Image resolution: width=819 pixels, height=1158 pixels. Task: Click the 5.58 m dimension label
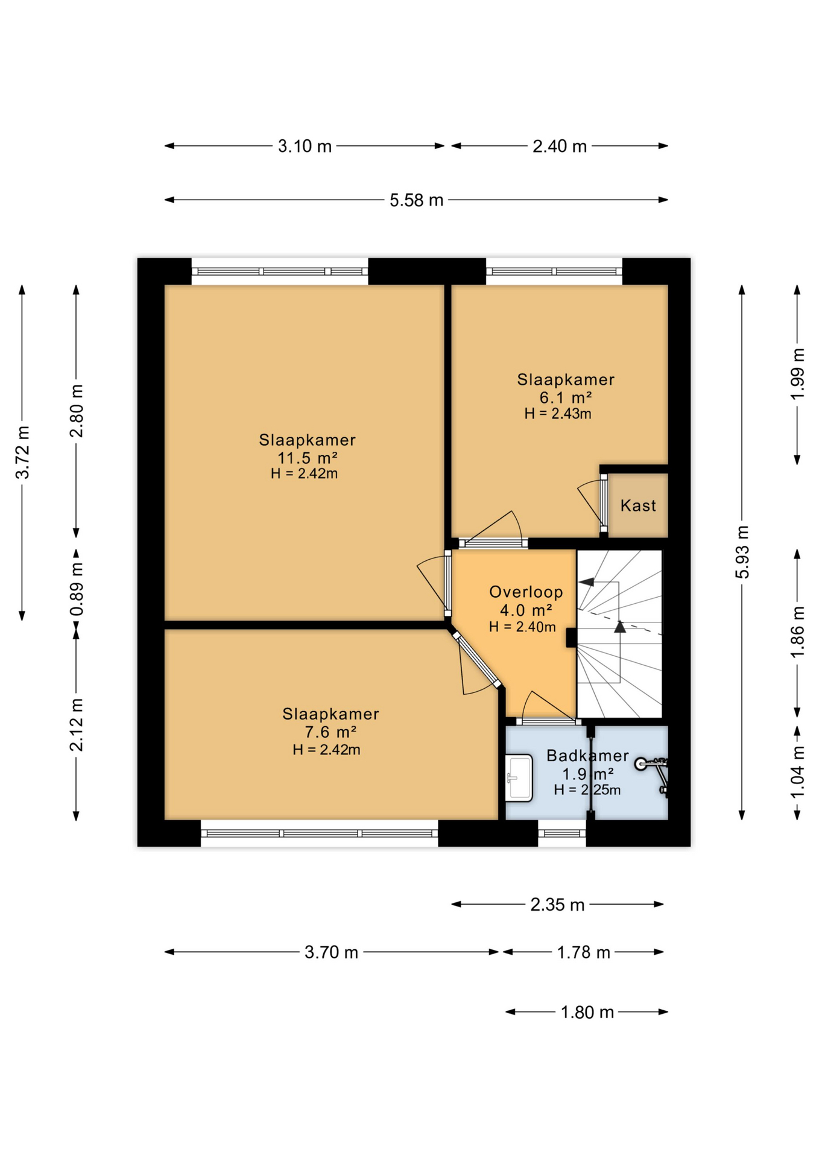click(x=416, y=200)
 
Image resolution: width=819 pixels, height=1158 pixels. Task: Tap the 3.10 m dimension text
click(x=305, y=147)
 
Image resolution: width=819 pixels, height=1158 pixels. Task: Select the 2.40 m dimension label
click(x=559, y=147)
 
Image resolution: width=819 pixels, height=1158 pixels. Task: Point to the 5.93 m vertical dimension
click(x=742, y=552)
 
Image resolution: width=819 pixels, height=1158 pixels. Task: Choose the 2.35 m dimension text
click(x=557, y=905)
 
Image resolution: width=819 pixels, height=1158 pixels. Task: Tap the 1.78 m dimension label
click(x=583, y=952)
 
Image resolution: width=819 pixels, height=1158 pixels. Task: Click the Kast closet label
click(x=637, y=505)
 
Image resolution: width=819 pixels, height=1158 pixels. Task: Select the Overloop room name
click(x=525, y=592)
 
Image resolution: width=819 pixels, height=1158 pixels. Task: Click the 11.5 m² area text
click(x=307, y=457)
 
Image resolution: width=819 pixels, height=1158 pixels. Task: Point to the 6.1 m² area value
click(x=565, y=397)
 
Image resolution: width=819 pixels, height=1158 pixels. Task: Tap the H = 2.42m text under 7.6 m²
click(x=326, y=750)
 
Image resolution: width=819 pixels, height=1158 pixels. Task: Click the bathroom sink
click(x=519, y=778)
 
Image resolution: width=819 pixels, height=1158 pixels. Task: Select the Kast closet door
click(x=603, y=504)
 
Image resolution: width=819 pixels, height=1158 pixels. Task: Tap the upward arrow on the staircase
click(x=620, y=627)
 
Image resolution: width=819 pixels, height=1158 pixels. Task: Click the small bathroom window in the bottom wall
click(x=561, y=834)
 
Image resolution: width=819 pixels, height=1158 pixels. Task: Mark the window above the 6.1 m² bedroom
click(x=554, y=271)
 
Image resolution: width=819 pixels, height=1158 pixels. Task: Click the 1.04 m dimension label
click(x=797, y=772)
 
